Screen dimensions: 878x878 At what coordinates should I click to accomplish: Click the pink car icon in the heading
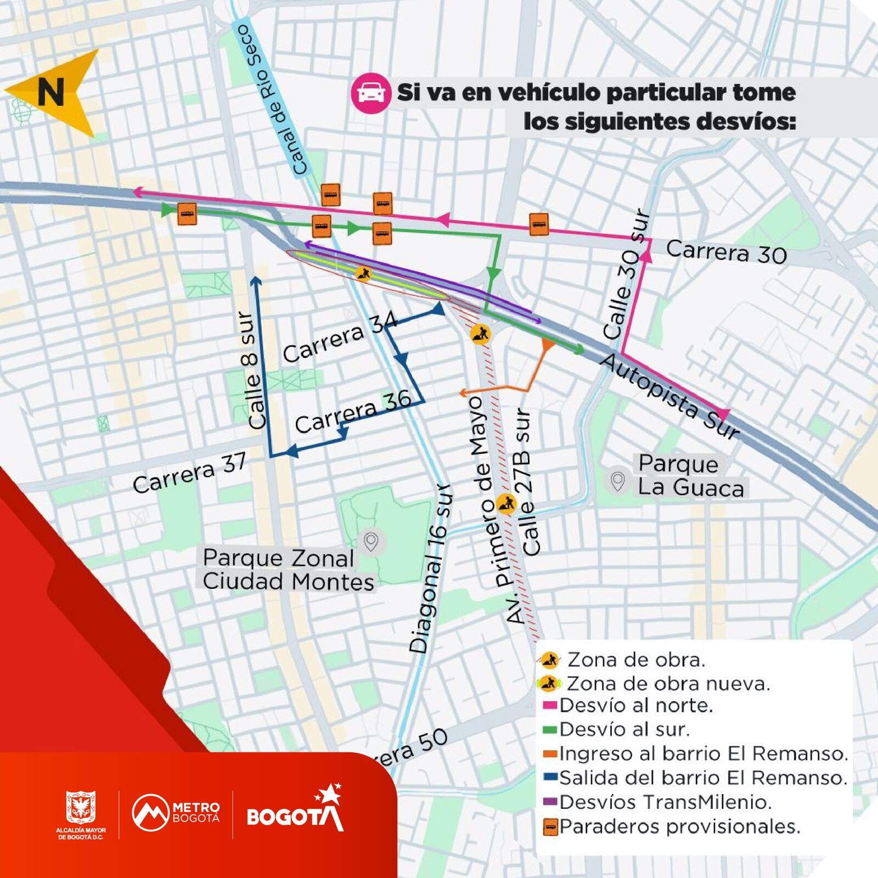[370, 93]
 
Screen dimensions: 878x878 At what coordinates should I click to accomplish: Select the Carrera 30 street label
[726, 252]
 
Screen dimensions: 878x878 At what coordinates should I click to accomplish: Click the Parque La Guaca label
[690, 476]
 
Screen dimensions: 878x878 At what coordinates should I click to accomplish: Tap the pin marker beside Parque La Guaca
[618, 481]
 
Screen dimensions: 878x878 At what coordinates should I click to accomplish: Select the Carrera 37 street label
[189, 474]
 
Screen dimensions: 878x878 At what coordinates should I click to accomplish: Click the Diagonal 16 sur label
[432, 569]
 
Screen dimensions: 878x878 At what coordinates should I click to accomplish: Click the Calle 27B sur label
[526, 482]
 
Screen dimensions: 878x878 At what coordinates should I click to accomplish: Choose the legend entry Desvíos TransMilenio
[665, 802]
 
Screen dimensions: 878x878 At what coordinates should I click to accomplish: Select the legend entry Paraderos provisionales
[679, 826]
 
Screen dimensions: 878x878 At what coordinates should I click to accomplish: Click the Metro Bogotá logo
[176, 813]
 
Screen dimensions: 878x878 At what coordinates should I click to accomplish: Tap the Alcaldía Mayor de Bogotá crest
[81, 807]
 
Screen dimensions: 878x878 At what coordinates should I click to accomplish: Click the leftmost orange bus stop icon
[187, 213]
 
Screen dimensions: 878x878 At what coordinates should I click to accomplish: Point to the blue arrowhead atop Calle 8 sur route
[256, 282]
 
